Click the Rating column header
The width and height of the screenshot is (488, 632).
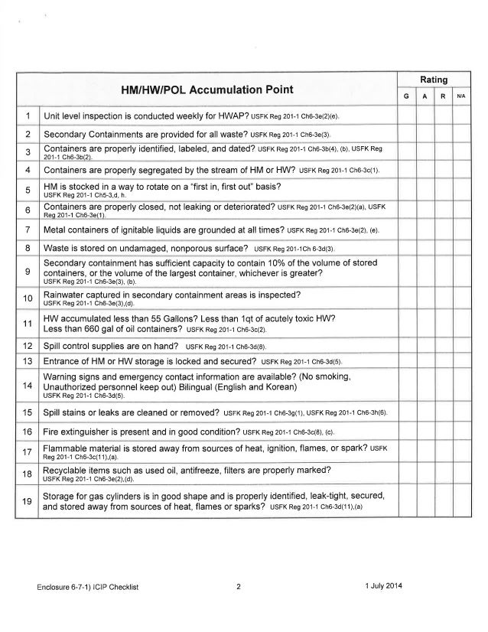(x=433, y=78)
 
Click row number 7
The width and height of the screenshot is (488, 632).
(x=28, y=230)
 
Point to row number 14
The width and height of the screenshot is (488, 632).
(x=28, y=385)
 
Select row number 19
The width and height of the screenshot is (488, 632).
(x=28, y=502)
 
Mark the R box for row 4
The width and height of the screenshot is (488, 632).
(x=443, y=168)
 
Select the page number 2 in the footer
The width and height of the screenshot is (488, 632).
(x=239, y=588)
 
